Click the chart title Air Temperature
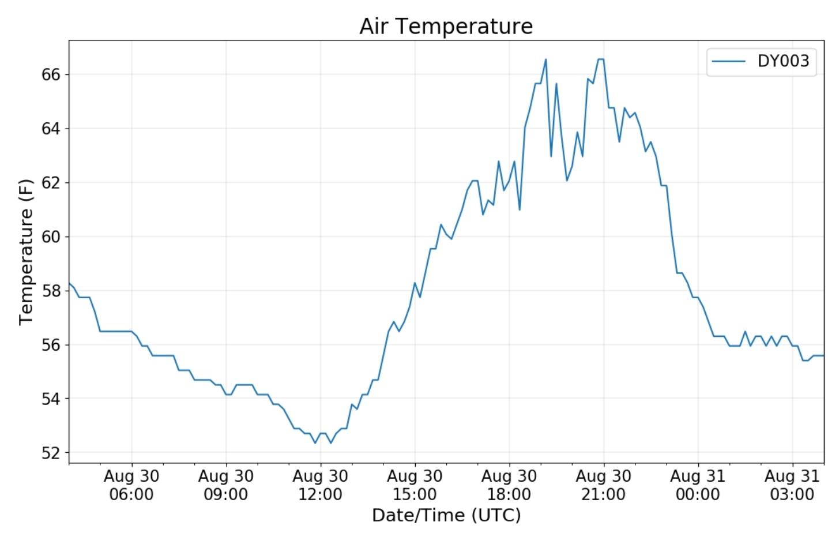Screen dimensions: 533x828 click(x=446, y=27)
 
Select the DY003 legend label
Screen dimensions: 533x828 click(x=783, y=61)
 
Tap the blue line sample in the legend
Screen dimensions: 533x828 click(x=728, y=61)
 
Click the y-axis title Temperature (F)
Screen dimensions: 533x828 click(x=26, y=252)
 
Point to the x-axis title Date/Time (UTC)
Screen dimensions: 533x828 click(x=446, y=515)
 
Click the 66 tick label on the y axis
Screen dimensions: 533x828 click(x=51, y=75)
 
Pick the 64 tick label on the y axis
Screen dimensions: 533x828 click(x=51, y=129)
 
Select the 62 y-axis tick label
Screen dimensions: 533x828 click(x=51, y=183)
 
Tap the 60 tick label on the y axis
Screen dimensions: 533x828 click(x=51, y=237)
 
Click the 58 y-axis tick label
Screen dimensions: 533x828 click(x=51, y=291)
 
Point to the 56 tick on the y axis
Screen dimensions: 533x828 click(x=51, y=345)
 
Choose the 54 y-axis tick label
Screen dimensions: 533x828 click(x=51, y=399)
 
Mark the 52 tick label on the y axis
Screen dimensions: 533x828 click(x=51, y=453)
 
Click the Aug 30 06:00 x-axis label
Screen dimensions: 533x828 click(x=131, y=485)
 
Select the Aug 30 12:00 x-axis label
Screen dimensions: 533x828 click(x=320, y=485)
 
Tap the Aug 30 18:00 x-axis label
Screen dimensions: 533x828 click(x=509, y=485)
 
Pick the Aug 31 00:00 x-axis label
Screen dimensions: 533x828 click(x=698, y=485)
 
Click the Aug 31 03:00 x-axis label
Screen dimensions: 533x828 click(x=792, y=485)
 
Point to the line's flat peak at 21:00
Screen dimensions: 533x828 click(x=601, y=59)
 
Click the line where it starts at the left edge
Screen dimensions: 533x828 click(x=70, y=283)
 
